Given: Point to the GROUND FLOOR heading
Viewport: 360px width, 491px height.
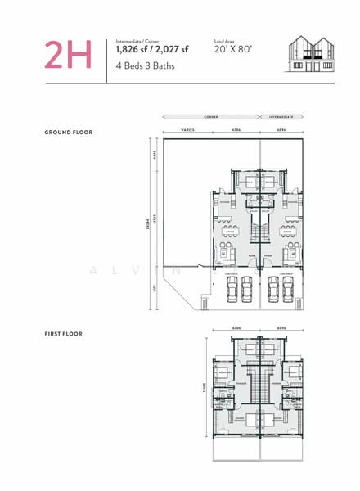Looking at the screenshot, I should coord(69,132).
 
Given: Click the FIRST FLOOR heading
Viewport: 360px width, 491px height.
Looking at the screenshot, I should coord(64,333).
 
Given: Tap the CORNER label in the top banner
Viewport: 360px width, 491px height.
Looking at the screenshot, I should coord(210,117).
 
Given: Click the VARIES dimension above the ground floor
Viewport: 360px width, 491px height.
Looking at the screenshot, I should coord(187,129).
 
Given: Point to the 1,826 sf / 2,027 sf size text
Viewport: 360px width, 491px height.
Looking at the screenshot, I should coord(151,50).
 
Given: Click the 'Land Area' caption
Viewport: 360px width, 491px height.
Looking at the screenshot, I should coord(225,40).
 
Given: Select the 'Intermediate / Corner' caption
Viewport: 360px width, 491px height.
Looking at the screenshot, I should coord(138,40).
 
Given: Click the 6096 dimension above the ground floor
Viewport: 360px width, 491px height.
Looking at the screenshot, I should coord(281,129).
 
